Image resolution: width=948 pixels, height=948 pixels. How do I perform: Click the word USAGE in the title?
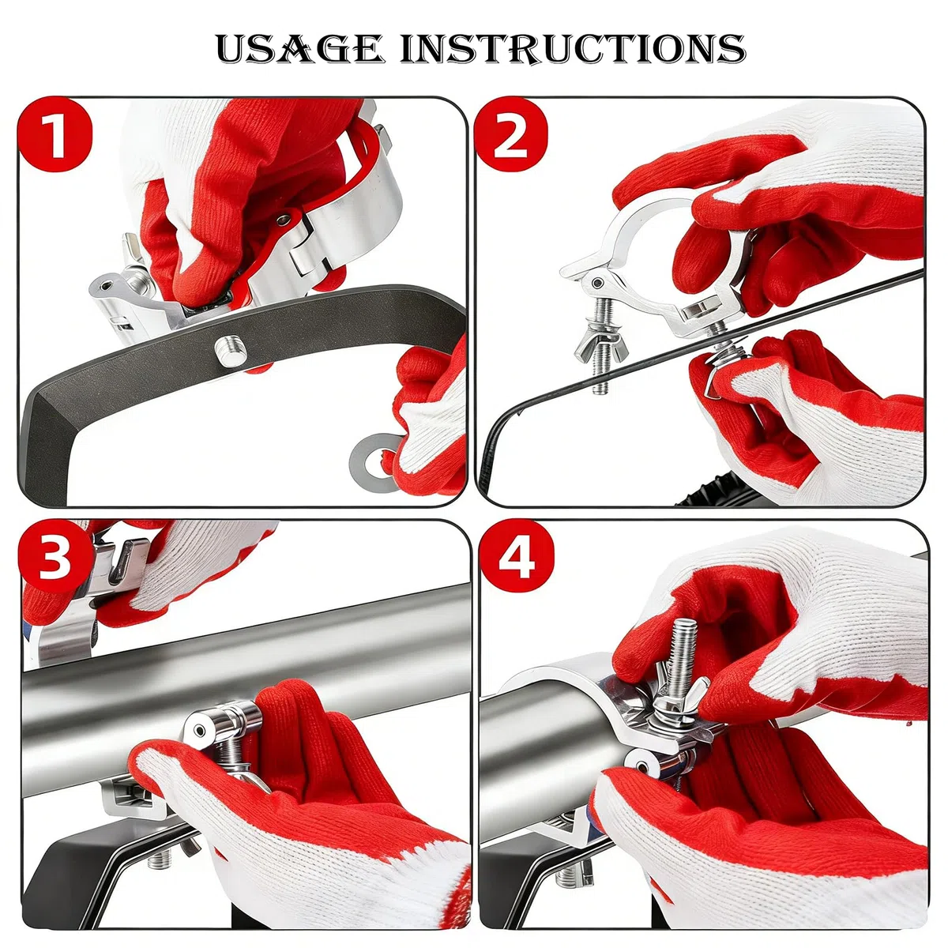(300, 49)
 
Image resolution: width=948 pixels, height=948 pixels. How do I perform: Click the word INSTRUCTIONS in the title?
(573, 49)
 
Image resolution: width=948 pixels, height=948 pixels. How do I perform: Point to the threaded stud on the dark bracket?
(230, 350)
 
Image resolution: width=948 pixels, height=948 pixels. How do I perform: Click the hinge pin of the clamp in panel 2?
(597, 284)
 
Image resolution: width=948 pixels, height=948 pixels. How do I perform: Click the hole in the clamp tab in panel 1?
(106, 285)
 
